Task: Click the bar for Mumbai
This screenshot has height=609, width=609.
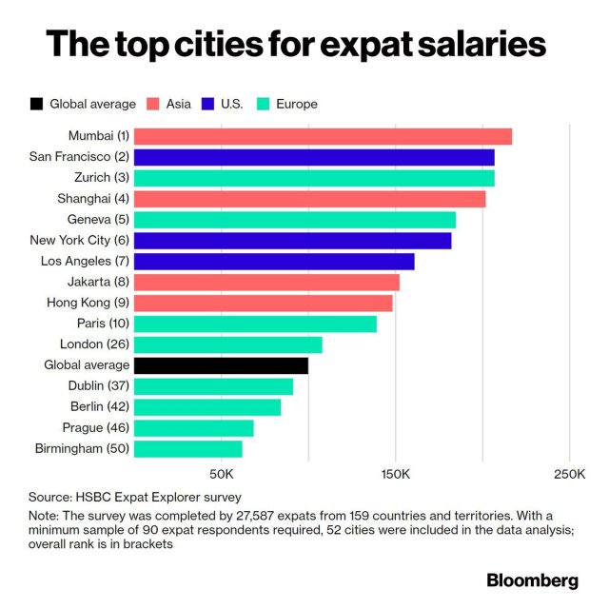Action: (x=323, y=136)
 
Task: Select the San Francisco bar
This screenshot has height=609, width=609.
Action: (x=314, y=157)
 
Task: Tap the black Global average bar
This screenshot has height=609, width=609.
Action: (x=221, y=365)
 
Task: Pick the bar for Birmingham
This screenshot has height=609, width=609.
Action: (x=187, y=448)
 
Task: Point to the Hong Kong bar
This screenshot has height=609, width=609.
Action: (x=263, y=303)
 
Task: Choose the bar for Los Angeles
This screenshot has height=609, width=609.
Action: (x=274, y=261)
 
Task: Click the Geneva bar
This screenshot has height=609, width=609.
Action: (x=294, y=220)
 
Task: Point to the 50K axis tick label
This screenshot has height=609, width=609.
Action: (x=221, y=474)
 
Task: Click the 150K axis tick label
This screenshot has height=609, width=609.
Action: (x=395, y=474)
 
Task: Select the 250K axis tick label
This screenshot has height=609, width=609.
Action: (x=569, y=474)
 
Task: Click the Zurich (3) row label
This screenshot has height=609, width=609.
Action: (x=99, y=178)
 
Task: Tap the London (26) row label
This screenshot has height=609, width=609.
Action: (x=94, y=344)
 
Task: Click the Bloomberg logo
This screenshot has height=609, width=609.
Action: (x=532, y=579)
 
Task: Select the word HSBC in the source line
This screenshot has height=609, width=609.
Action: (x=92, y=497)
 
